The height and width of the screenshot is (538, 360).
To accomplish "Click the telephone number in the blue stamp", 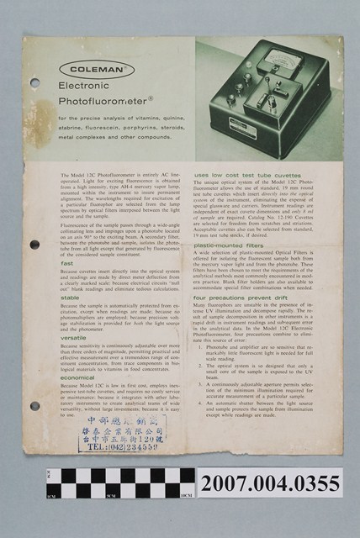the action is click(x=121, y=446).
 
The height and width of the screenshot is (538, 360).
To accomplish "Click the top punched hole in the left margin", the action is click(x=34, y=83).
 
